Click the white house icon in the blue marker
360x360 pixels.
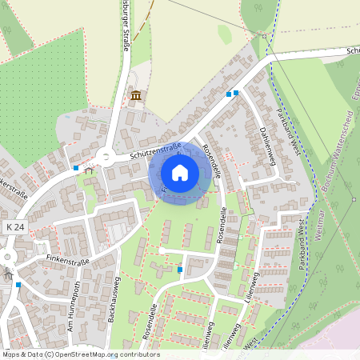click(x=180, y=172)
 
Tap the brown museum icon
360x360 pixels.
click(x=135, y=96)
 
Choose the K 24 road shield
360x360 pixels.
click(x=14, y=228)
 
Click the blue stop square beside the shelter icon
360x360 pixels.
click(x=76, y=168)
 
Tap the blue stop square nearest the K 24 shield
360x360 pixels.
click(x=18, y=284)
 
